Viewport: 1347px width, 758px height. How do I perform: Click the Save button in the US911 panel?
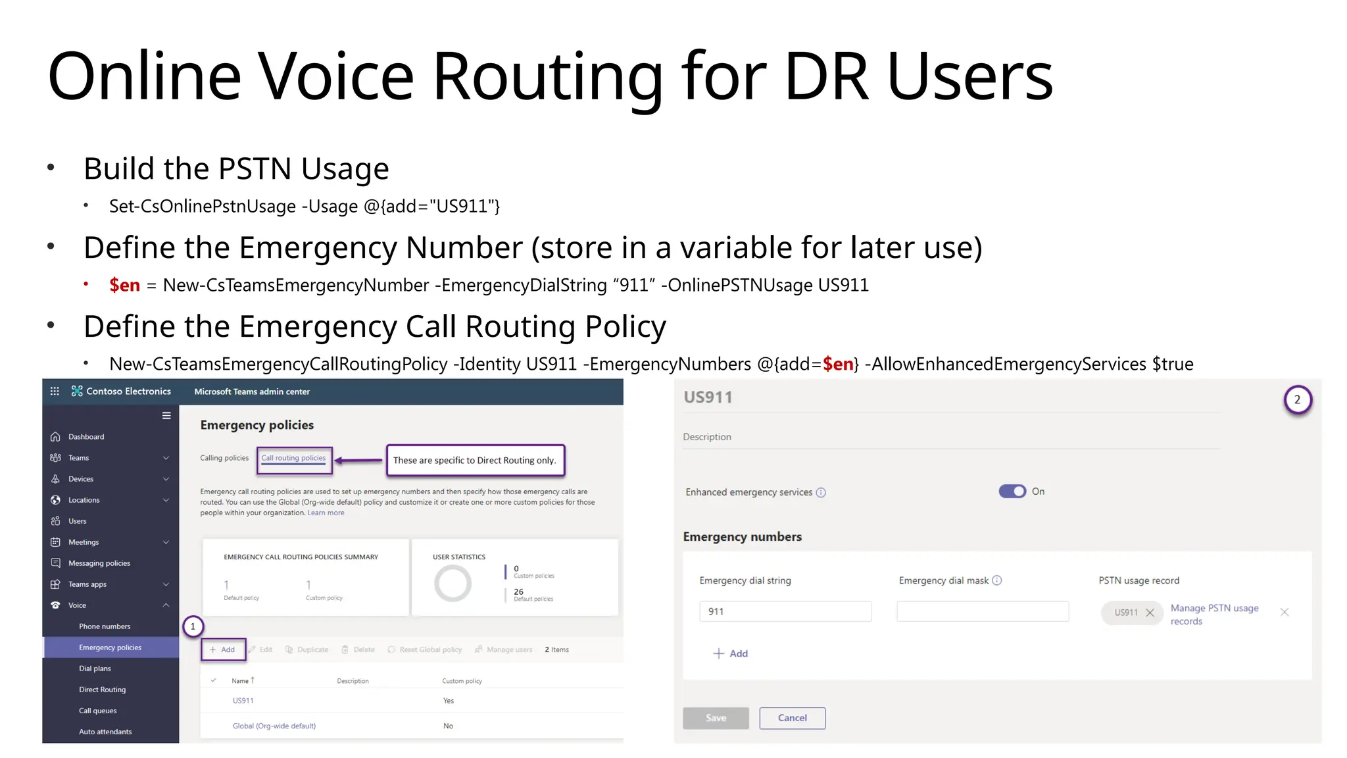716,718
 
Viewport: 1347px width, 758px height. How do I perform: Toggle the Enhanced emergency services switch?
1012,492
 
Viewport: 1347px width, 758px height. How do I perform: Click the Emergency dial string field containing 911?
785,611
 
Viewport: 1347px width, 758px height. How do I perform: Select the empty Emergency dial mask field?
983,611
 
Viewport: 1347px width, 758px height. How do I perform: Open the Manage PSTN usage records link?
1214,615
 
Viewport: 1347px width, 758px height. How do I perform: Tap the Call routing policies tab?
293,458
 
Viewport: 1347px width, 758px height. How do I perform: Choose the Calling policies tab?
224,458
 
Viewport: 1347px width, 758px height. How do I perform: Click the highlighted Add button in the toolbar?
223,649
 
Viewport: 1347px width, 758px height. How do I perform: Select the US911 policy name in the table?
243,701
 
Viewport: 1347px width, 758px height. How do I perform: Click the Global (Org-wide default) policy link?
274,726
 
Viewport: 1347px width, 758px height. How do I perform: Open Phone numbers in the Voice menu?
105,626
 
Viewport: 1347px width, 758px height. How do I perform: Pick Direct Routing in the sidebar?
102,690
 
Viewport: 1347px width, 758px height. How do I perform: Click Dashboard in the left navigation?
86,437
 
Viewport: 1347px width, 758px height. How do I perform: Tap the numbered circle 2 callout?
1297,399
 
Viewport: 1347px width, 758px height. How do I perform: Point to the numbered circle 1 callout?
193,626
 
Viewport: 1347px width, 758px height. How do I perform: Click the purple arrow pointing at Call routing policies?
359,461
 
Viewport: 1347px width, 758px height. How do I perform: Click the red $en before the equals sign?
124,286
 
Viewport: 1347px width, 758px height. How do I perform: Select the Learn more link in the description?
326,513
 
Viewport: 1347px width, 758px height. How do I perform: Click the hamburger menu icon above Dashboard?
166,416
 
